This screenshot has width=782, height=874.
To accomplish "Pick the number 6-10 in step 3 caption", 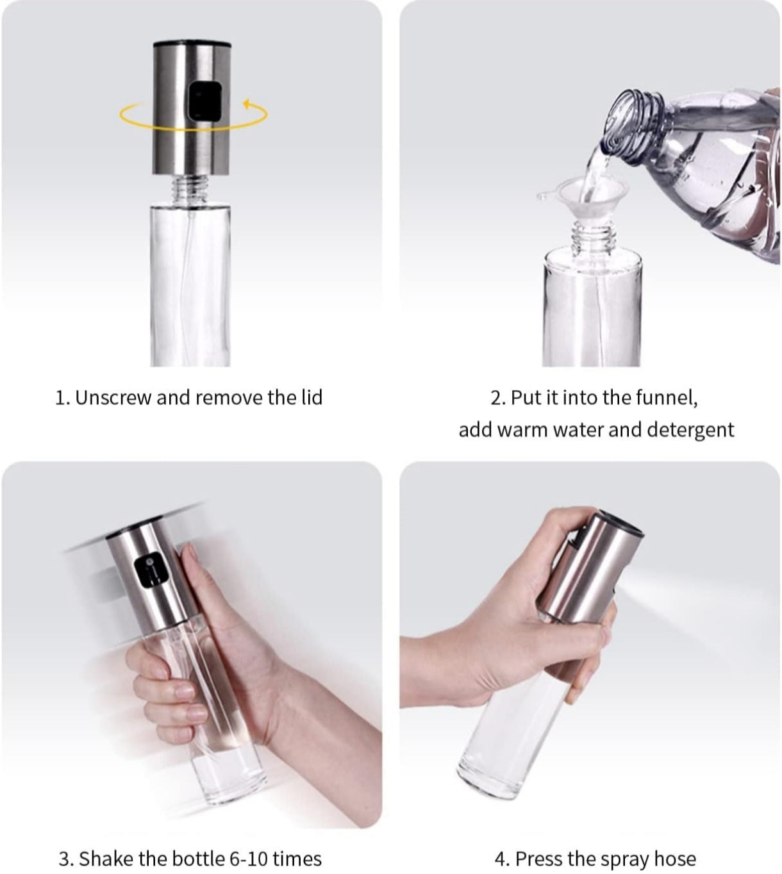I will point(248,858).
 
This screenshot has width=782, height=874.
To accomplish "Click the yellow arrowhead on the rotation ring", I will point(246,103).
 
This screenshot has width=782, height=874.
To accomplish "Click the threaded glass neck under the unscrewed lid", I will point(191,190).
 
